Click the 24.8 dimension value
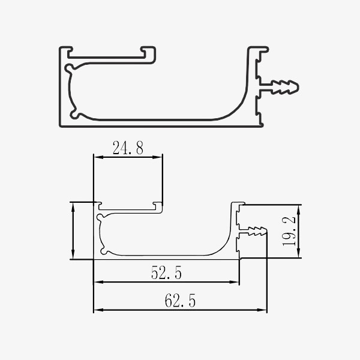[x=128, y=148]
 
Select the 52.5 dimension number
[x=166, y=272]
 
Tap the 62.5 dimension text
[x=180, y=301]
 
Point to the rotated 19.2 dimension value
[x=289, y=231]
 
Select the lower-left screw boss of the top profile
[x=74, y=115]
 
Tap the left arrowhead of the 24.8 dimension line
[x=98, y=157]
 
